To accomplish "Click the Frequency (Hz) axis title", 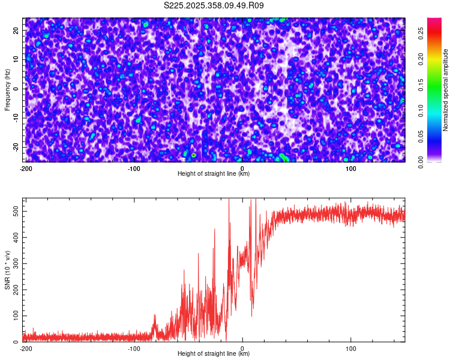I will point(7,89).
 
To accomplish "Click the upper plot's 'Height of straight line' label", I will point(214,174).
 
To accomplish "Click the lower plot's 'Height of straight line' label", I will point(214,354).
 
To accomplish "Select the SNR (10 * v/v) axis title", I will point(7,269).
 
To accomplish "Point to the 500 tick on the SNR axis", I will point(15,211).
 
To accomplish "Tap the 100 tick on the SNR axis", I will point(15,316).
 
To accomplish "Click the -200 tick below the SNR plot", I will point(25,348).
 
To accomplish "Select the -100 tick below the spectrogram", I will point(134,169).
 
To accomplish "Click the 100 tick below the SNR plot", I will point(351,348).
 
